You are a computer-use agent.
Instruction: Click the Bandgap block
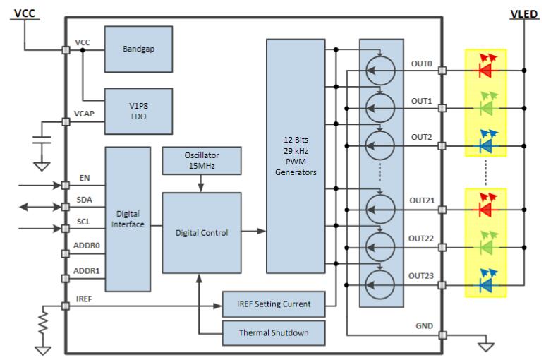138,49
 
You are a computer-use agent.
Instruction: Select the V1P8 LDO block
138,111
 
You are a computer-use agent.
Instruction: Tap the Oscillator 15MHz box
201,161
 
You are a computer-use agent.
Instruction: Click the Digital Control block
201,232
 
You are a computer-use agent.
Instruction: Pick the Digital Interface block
127,219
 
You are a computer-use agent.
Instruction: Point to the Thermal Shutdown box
274,332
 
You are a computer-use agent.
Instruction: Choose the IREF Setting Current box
274,304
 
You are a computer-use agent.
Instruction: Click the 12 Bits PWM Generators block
296,155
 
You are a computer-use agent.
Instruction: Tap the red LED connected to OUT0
485,70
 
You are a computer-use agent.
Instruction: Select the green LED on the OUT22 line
485,247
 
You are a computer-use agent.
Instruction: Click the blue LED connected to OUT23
485,285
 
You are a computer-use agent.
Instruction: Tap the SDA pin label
83,200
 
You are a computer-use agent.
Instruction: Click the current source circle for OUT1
381,108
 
